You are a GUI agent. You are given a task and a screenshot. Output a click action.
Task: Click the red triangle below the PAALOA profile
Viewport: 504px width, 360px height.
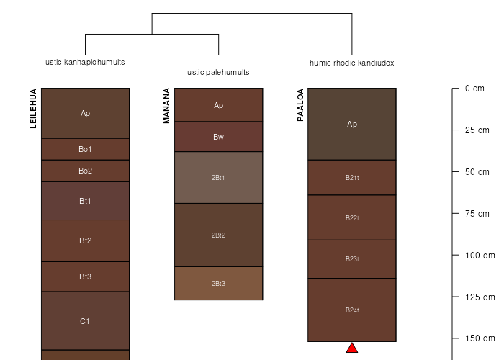(x=352, y=348)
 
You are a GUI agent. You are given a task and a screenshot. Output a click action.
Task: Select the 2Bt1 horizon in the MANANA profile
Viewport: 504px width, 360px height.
(x=219, y=177)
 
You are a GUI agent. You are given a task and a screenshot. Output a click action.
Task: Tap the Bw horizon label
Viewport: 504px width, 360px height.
(x=219, y=137)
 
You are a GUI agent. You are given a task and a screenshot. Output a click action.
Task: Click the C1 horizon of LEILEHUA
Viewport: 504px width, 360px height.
(x=85, y=321)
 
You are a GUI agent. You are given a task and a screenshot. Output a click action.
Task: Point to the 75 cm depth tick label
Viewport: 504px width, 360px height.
(x=477, y=214)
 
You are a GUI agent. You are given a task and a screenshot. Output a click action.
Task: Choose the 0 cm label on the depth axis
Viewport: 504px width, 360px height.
(x=474, y=89)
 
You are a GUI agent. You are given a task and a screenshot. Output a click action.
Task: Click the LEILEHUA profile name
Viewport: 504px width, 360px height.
(x=33, y=109)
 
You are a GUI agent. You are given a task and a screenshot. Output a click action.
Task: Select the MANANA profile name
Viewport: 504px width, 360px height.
(x=166, y=106)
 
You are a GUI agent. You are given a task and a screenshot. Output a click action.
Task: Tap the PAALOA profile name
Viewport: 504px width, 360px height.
(x=300, y=105)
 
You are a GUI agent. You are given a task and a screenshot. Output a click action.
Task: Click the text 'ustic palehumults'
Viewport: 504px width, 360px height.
(x=218, y=72)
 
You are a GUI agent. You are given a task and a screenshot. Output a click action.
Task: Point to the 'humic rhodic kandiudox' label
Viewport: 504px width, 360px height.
(x=352, y=63)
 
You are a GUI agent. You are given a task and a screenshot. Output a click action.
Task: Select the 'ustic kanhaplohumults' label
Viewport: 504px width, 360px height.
(x=85, y=62)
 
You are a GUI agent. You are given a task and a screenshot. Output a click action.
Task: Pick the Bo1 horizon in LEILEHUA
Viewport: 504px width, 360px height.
(x=85, y=149)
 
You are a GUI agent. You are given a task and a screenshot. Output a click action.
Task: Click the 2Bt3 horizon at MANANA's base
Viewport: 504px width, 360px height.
(x=219, y=283)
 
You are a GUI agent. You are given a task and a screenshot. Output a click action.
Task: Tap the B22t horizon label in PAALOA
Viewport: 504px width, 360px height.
(x=352, y=218)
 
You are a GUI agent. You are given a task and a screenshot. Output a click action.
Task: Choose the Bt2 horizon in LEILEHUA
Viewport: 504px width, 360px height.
(x=85, y=240)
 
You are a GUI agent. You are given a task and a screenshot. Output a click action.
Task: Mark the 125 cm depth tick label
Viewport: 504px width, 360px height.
(x=480, y=297)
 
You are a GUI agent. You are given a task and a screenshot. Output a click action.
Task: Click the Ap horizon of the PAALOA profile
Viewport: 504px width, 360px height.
(x=352, y=124)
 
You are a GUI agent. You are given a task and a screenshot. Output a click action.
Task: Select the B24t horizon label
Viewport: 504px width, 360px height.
(x=352, y=310)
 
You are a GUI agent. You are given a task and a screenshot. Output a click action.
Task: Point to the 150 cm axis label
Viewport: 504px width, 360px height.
(x=480, y=338)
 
